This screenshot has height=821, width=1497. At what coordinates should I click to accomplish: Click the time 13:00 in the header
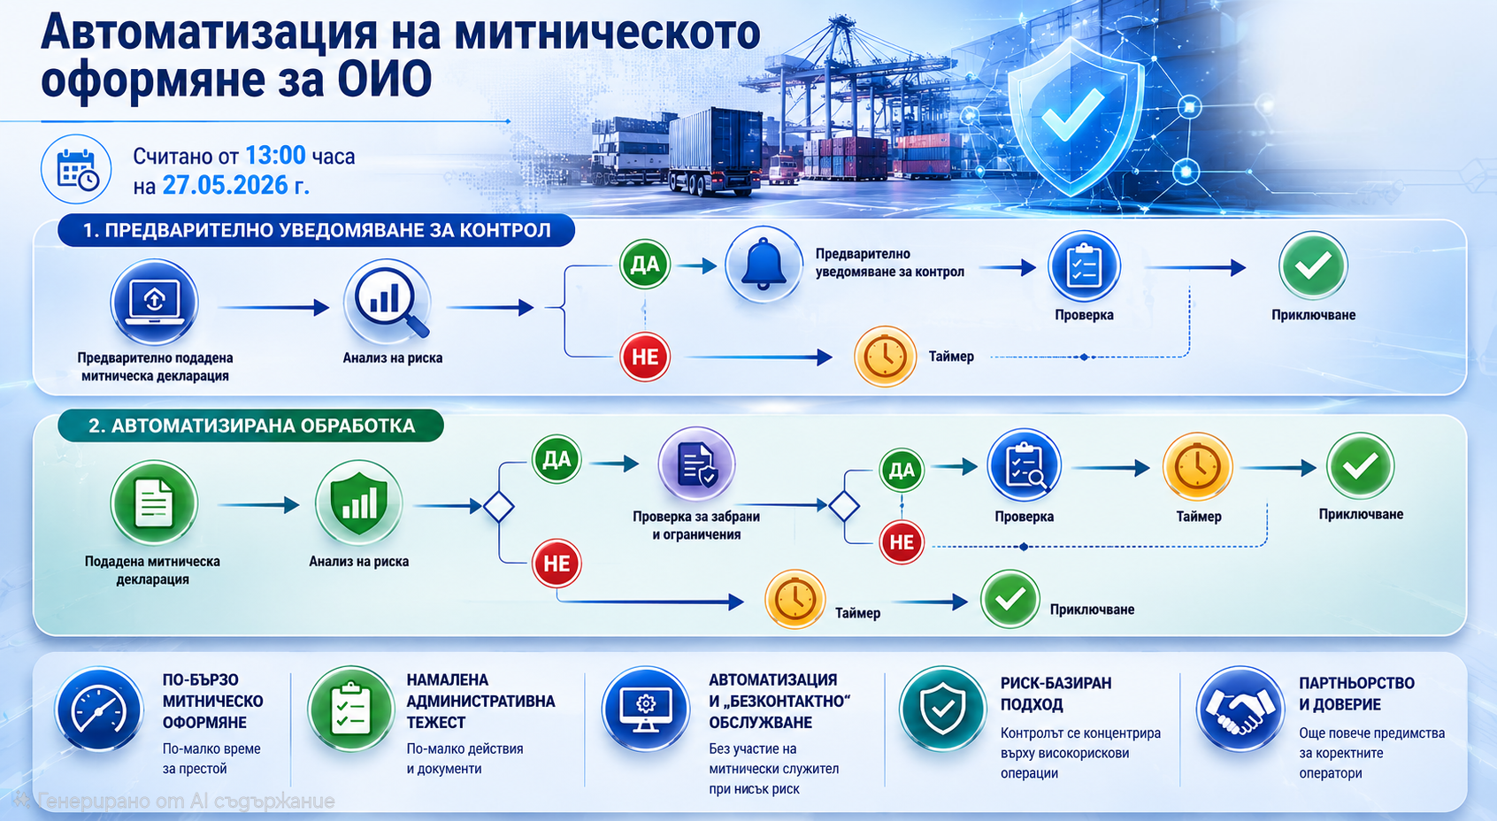[275, 155]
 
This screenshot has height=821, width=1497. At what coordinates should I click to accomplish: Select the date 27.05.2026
[225, 185]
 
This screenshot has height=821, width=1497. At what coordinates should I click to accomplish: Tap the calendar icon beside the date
[76, 169]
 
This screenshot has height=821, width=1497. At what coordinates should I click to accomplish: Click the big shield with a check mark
[1075, 118]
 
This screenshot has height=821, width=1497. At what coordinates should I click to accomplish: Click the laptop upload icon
[154, 302]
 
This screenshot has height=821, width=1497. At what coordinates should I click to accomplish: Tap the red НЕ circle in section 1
[644, 357]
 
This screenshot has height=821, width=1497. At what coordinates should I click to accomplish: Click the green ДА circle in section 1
[644, 264]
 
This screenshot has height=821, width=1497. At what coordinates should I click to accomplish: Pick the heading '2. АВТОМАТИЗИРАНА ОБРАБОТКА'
[251, 426]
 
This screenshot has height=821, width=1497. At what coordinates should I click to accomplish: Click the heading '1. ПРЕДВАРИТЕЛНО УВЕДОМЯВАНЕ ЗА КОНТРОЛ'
[316, 231]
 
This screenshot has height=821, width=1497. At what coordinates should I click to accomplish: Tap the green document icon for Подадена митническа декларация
[154, 503]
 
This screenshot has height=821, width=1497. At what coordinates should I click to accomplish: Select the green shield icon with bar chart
[359, 503]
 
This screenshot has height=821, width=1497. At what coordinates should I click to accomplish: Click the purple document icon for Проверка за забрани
[696, 464]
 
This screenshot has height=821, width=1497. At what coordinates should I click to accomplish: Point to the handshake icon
[1240, 709]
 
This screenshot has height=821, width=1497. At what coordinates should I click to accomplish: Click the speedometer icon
[99, 709]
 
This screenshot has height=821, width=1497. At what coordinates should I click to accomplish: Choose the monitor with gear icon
[645, 709]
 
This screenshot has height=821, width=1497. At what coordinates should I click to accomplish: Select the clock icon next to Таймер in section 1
[884, 357]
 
